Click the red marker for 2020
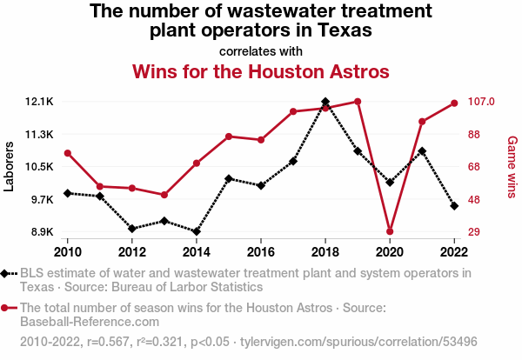(x=390, y=231)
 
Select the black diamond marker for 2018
(x=325, y=102)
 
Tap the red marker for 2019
(x=358, y=102)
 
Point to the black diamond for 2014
(x=197, y=231)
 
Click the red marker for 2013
(x=164, y=195)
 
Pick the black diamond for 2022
(x=454, y=206)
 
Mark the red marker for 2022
(x=454, y=103)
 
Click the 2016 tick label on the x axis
(x=261, y=252)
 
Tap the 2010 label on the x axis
(x=68, y=252)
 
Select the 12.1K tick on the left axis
(x=39, y=102)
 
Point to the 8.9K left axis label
(x=43, y=231)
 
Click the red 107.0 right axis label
(x=481, y=102)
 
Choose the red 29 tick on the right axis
(x=474, y=231)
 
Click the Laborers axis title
(x=9, y=166)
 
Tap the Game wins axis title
(x=512, y=167)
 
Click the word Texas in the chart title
(x=345, y=30)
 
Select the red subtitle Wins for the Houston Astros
(x=261, y=71)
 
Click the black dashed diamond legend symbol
(x=9, y=274)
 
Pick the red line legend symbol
(x=9, y=308)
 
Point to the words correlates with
(x=261, y=51)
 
